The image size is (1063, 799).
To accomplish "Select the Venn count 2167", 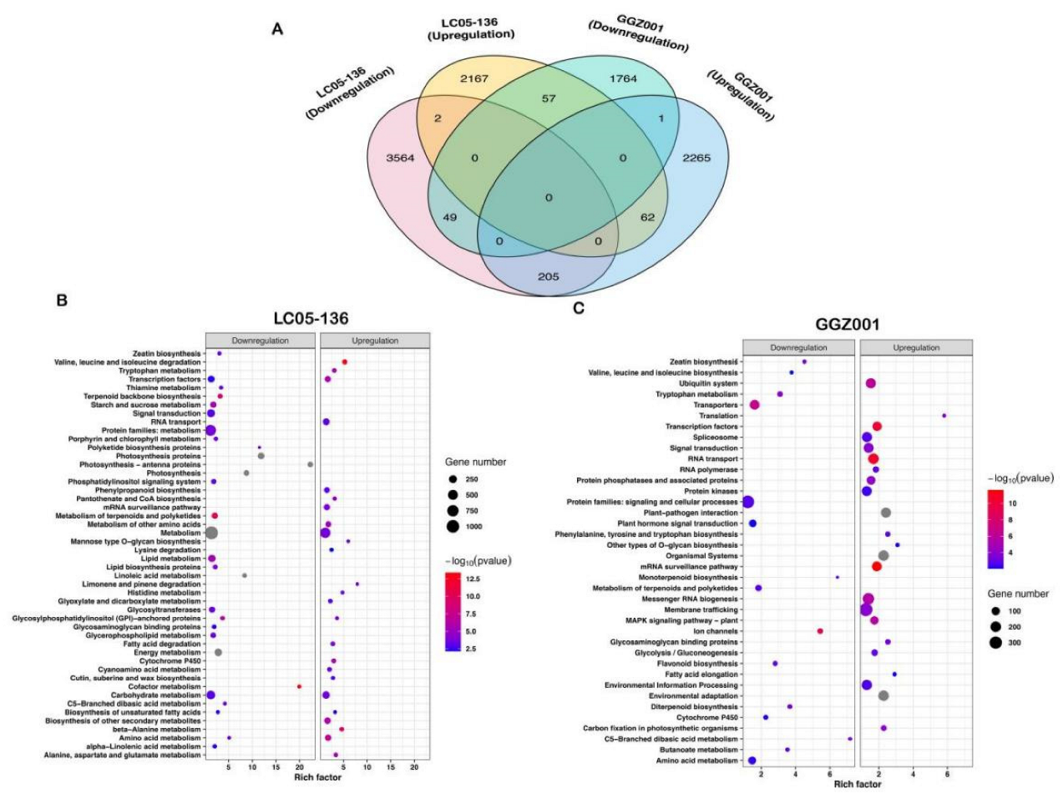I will (473, 79).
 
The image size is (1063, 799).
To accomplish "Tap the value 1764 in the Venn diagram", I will (623, 79).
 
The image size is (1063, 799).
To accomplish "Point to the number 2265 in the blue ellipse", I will (696, 158).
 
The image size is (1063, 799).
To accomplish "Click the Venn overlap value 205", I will (548, 277).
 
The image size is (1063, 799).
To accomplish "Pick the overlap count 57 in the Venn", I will (548, 99).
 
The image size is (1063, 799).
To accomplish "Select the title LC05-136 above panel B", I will (311, 318).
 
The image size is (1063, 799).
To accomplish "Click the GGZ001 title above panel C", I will (848, 324).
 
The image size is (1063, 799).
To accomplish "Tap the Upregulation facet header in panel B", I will (375, 341).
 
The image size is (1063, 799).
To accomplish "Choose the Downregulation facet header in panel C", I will (798, 347).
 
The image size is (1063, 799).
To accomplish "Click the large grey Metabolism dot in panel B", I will (211, 533).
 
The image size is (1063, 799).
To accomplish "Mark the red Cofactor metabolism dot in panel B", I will (300, 686).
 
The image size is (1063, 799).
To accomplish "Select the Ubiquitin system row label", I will (708, 383).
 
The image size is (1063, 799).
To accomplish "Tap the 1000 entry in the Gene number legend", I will (473, 527).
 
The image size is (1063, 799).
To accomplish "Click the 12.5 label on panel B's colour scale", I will (472, 579).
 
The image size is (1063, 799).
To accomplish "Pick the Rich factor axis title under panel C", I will (857, 784).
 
